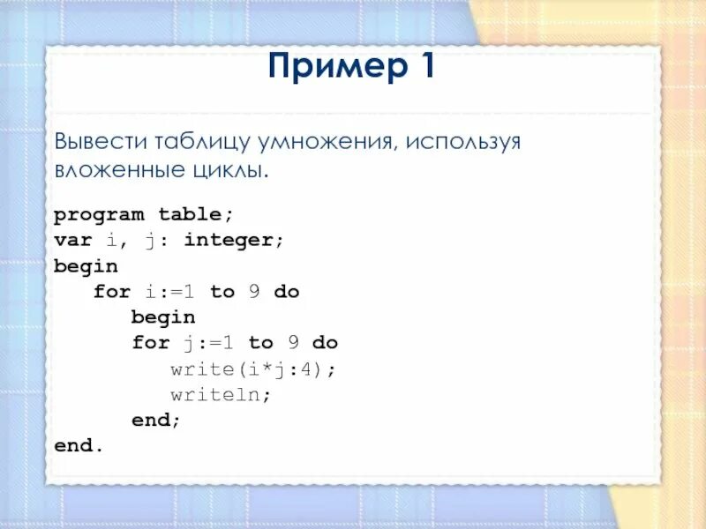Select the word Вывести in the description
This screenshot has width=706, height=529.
click(x=101, y=142)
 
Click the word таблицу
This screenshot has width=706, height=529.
click(x=202, y=142)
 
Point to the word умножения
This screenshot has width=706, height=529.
click(x=326, y=142)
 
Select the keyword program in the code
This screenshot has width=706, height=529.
click(x=100, y=214)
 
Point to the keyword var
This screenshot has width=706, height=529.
click(x=73, y=240)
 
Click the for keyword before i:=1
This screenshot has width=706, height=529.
click(x=112, y=292)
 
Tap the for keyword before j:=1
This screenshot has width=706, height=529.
click(x=151, y=343)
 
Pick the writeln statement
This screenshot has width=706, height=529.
click(x=221, y=394)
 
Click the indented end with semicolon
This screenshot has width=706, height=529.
click(x=156, y=421)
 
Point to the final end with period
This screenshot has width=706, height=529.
click(x=79, y=446)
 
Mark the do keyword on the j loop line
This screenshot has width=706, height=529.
click(x=325, y=343)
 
